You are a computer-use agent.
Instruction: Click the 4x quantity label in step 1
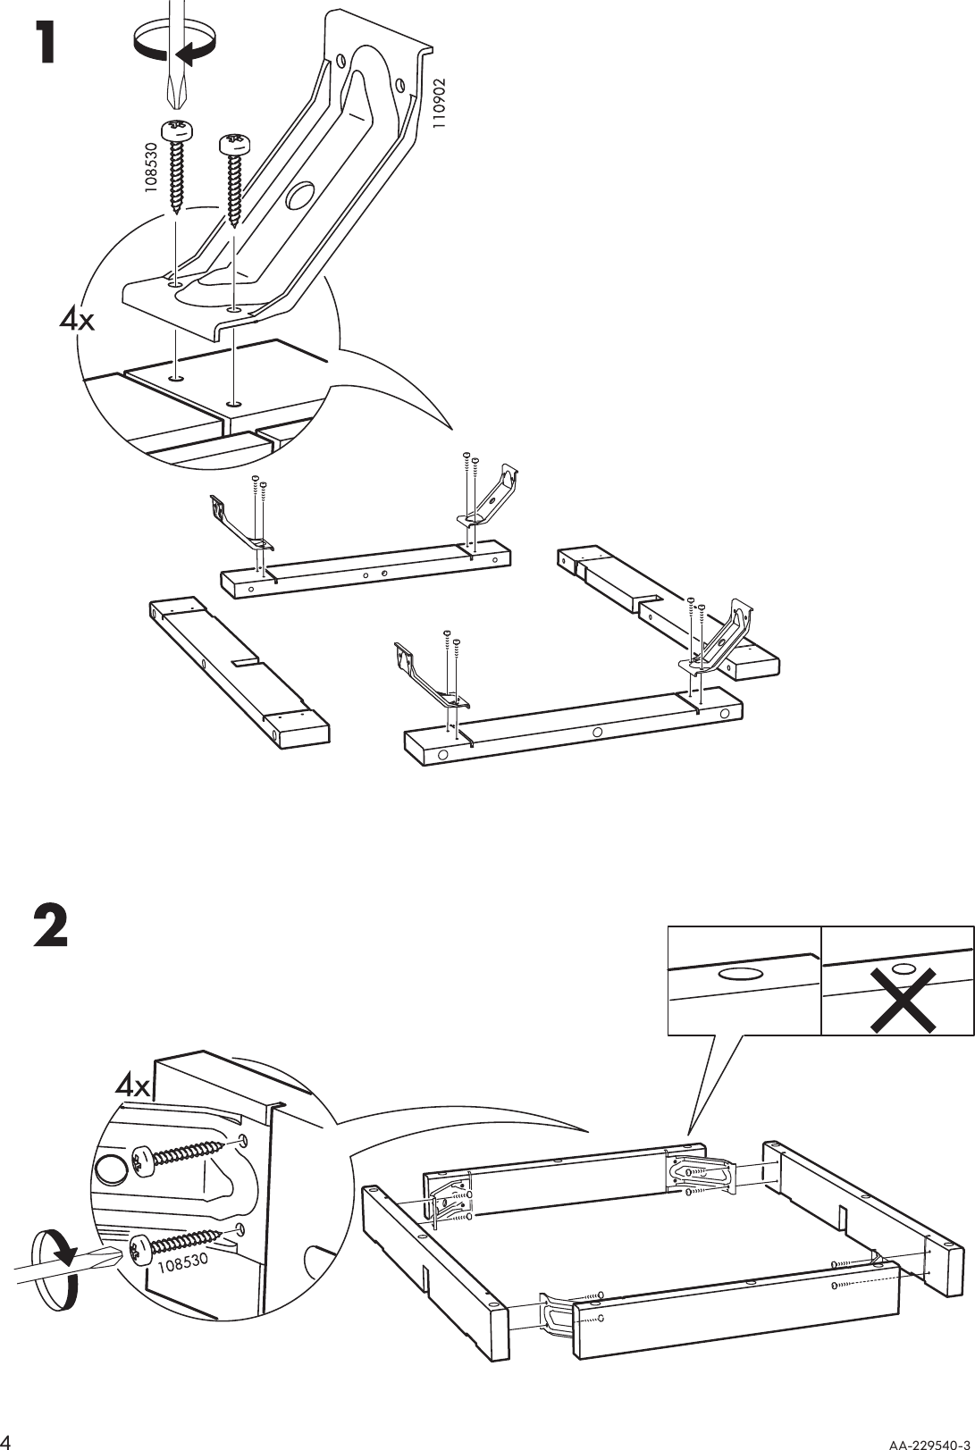coord(76,320)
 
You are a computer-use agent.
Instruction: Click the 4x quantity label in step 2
coord(134,1086)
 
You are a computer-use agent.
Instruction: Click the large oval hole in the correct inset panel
coord(740,973)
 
